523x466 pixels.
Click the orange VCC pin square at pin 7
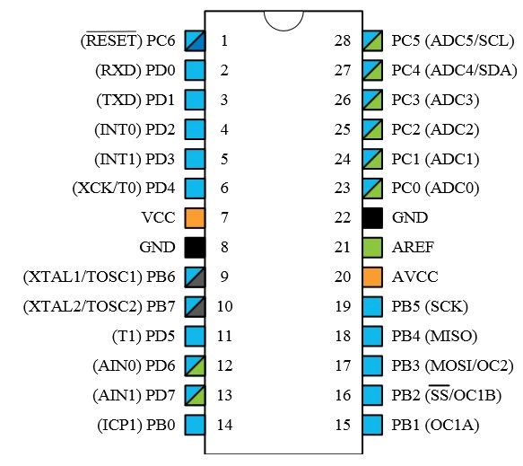tap(195, 218)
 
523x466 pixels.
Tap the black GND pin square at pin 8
tap(195, 247)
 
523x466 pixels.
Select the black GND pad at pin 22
tap(372, 218)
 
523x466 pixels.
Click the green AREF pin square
tap(372, 247)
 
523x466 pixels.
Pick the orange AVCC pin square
tap(372, 277)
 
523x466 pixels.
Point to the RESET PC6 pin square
tap(195, 40)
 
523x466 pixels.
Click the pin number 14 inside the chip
tap(224, 425)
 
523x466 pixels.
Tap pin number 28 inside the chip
tap(343, 40)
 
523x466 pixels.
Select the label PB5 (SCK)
tap(430, 306)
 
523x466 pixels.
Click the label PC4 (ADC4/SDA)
tap(454, 70)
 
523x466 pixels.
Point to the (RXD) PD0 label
tap(135, 70)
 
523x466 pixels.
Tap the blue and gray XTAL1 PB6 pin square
tap(195, 277)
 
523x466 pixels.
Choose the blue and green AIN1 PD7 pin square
tap(195, 395)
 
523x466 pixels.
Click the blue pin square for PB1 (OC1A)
tap(372, 425)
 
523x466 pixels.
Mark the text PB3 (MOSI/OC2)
tap(452, 365)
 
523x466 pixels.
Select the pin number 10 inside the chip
tap(224, 306)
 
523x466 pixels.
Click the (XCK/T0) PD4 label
tap(124, 188)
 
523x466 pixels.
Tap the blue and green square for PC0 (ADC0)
tap(372, 189)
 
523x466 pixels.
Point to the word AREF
tap(413, 247)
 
